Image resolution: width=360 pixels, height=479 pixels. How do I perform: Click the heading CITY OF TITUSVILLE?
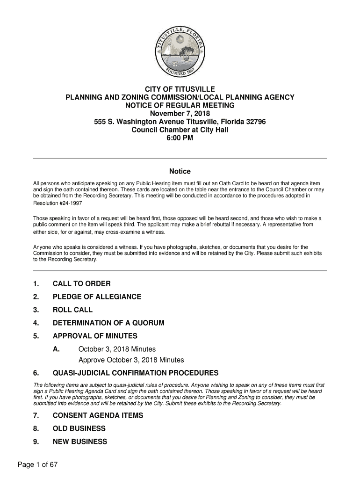pyautogui.click(x=180, y=89)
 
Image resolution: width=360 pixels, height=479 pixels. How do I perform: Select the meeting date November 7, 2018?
pyautogui.click(x=180, y=114)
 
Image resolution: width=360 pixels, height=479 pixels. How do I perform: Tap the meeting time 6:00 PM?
pyautogui.click(x=180, y=138)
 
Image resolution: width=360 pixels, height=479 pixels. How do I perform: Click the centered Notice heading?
pyautogui.click(x=180, y=172)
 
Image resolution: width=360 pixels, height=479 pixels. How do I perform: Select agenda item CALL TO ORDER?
pyautogui.click(x=81, y=284)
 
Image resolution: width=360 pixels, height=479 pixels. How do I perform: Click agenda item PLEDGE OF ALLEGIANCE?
pyautogui.click(x=97, y=297)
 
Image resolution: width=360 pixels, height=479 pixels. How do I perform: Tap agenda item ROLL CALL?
pyautogui.click(x=72, y=310)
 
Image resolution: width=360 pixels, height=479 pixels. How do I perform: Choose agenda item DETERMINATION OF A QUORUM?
pyautogui.click(x=108, y=323)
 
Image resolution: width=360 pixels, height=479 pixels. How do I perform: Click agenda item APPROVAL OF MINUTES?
pyautogui.click(x=95, y=336)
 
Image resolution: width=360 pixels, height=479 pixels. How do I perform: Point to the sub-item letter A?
pyautogui.click(x=56, y=349)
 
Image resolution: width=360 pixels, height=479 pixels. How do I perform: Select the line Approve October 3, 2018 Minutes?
pyautogui.click(x=131, y=360)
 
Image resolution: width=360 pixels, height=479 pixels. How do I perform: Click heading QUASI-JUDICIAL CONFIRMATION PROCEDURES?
pyautogui.click(x=136, y=373)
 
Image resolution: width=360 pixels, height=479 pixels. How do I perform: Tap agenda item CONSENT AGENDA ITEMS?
pyautogui.click(x=98, y=416)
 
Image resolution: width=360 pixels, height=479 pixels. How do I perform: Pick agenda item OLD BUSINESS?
pyautogui.click(x=79, y=429)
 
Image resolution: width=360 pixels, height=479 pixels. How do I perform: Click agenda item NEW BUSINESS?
pyautogui.click(x=80, y=442)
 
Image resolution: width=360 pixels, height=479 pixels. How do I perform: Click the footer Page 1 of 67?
pyautogui.click(x=37, y=465)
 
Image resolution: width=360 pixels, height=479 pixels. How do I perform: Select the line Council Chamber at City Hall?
pyautogui.click(x=180, y=130)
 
